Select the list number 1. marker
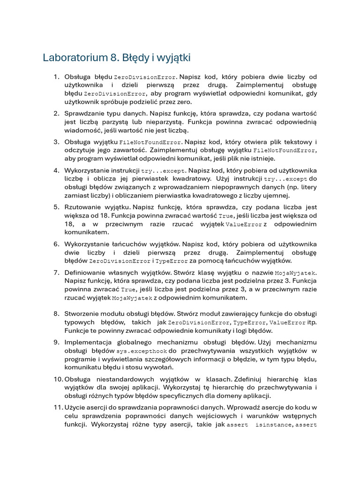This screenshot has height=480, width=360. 56,76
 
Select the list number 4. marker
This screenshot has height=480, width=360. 56,170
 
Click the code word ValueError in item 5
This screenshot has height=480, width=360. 244,225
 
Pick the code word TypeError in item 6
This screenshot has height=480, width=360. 172,261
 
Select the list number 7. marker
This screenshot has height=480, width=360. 56,272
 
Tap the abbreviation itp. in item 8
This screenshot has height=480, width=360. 311,322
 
